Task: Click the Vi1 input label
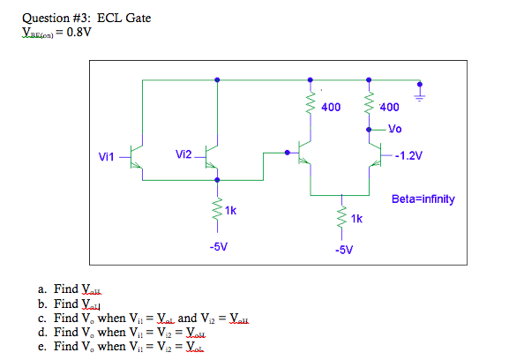click(107, 156)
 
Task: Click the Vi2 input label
click(183, 154)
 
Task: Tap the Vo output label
click(394, 129)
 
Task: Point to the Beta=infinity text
click(423, 199)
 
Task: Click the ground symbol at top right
click(420, 89)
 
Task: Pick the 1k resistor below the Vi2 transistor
click(217, 210)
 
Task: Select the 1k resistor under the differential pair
click(339, 217)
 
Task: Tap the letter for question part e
click(42, 347)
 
